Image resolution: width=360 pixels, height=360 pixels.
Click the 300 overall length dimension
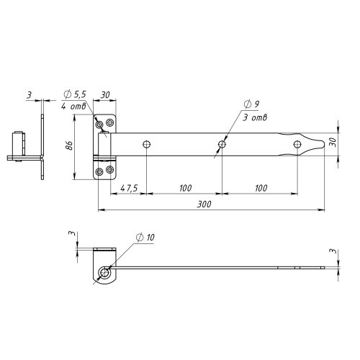click(204, 204)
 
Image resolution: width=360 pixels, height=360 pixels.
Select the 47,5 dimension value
click(129, 188)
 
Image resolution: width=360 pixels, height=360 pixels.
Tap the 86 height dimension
click(69, 145)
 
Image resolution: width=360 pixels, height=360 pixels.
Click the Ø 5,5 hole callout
click(75, 94)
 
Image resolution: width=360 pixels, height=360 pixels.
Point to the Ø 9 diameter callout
click(251, 104)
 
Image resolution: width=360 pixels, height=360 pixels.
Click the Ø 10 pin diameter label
click(145, 238)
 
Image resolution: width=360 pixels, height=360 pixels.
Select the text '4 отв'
click(73, 106)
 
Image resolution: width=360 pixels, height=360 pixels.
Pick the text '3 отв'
click(255, 117)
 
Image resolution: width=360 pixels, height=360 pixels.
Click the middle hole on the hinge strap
click(222, 145)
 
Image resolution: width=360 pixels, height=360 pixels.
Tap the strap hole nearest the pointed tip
click(297, 144)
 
